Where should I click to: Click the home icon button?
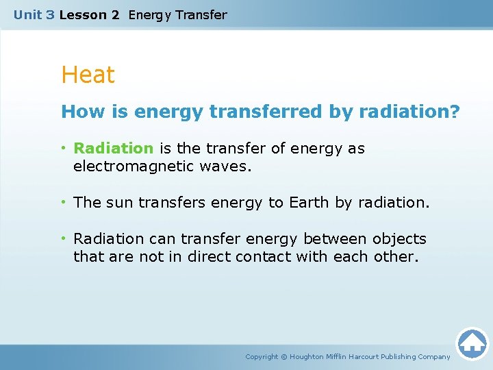pos(472,343)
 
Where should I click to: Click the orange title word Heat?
pos(88,75)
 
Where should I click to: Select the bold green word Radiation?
pos(114,149)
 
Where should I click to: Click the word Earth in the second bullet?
pos(308,203)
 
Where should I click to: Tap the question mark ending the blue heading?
pos(455,112)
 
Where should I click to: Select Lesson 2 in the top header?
pos(89,14)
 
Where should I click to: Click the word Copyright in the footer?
pos(262,357)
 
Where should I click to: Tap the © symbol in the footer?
pos(286,357)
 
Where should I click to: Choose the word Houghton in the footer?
pos(307,357)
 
